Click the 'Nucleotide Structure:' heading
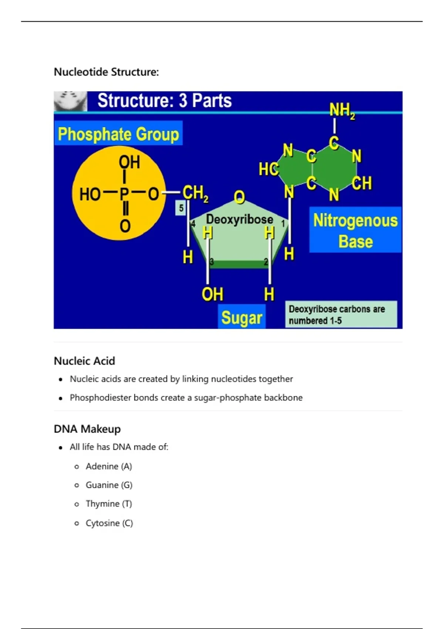[x=106, y=72]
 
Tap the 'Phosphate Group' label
[x=118, y=134]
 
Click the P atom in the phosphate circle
[x=124, y=193]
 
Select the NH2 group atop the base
[x=342, y=110]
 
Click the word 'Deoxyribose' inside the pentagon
[x=239, y=219]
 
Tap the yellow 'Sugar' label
[x=242, y=317]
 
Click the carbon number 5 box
[x=181, y=208]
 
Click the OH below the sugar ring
[x=212, y=295]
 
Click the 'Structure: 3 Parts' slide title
[x=164, y=101]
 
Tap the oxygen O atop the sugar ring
[x=239, y=197]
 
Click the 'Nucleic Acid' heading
[x=84, y=361]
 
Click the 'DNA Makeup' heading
[x=87, y=429]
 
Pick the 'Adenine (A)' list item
[x=109, y=466]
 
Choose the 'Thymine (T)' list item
[x=109, y=504]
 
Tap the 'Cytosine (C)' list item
[x=109, y=523]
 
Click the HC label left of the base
[x=268, y=169]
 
